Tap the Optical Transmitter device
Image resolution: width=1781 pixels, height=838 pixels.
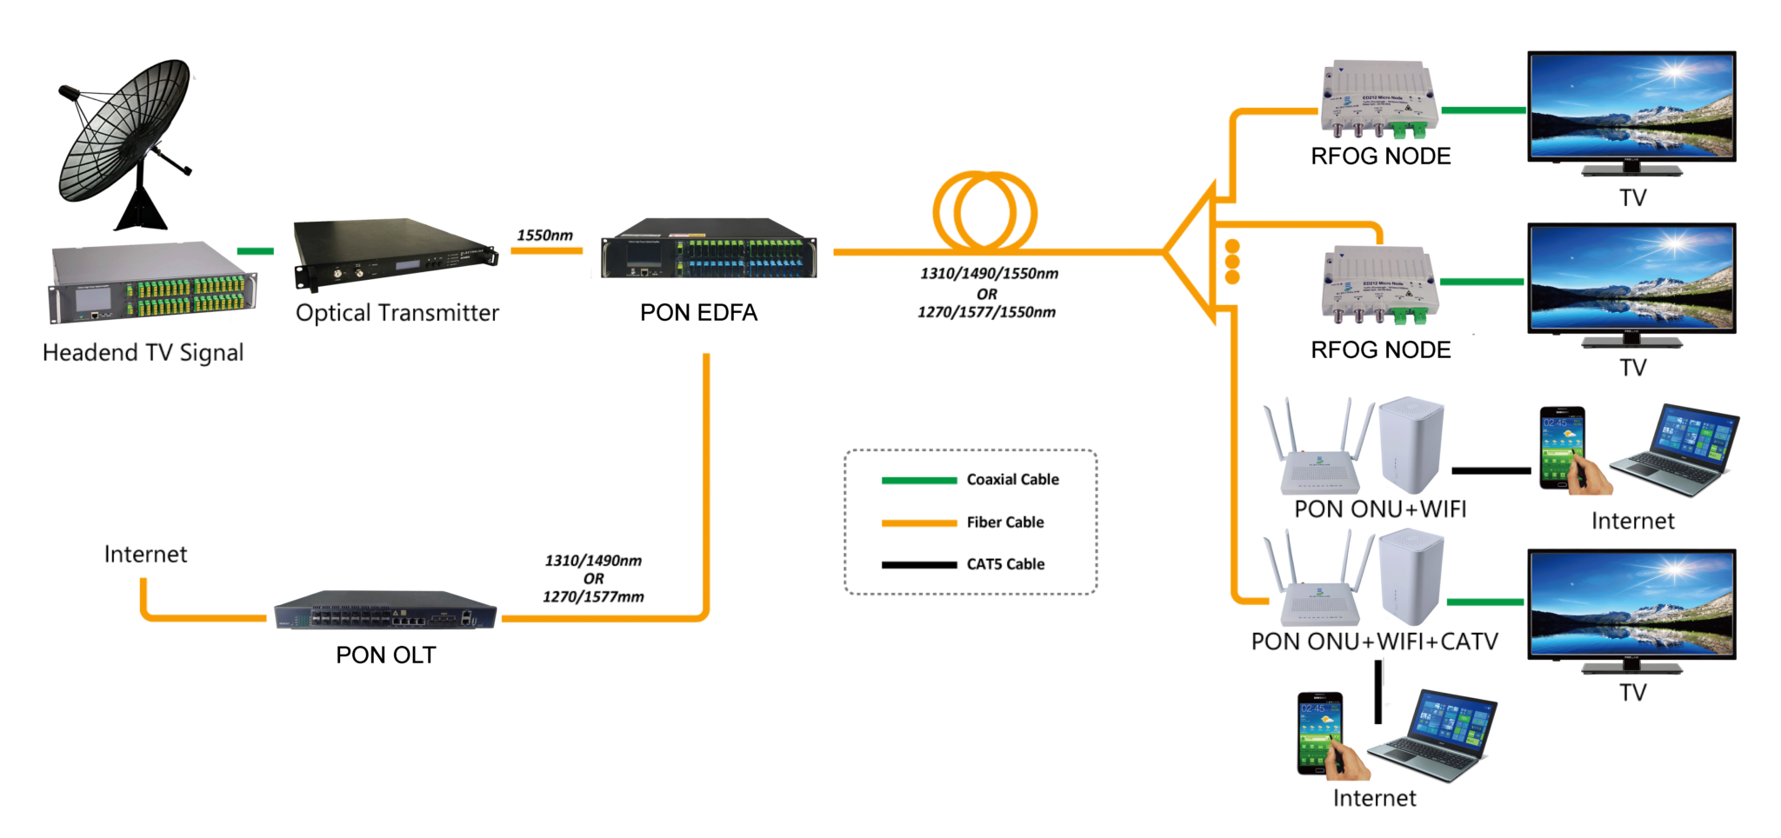coord(396,253)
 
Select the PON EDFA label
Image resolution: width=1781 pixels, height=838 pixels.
coord(698,313)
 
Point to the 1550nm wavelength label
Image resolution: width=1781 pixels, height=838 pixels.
coord(545,236)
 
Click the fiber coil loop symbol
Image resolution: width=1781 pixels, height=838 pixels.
coord(985,212)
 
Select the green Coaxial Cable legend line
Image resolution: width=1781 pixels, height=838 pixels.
coord(918,480)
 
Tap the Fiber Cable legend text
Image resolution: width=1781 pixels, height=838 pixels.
coord(1005,522)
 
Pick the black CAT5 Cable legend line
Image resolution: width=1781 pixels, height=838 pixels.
coord(918,565)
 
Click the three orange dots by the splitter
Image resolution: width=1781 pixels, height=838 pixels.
coord(1231,262)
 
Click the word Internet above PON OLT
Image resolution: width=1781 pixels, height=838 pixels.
coord(145,555)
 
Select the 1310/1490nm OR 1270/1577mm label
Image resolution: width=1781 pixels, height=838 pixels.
coord(594,579)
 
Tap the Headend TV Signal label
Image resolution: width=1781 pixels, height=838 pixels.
coord(143,353)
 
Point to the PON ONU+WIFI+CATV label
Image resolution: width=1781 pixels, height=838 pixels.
coord(1374,642)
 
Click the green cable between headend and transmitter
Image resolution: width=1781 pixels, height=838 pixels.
coord(256,251)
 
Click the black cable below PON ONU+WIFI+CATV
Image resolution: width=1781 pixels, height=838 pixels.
coord(1378,692)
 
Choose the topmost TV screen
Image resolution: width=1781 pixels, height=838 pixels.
coord(1631,107)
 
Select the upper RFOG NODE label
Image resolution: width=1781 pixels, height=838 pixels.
coord(1380,156)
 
